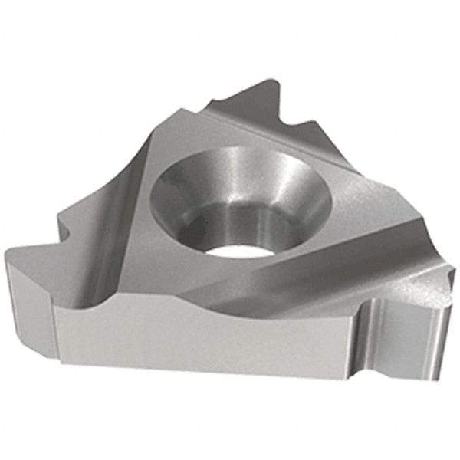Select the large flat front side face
point(207,337)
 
